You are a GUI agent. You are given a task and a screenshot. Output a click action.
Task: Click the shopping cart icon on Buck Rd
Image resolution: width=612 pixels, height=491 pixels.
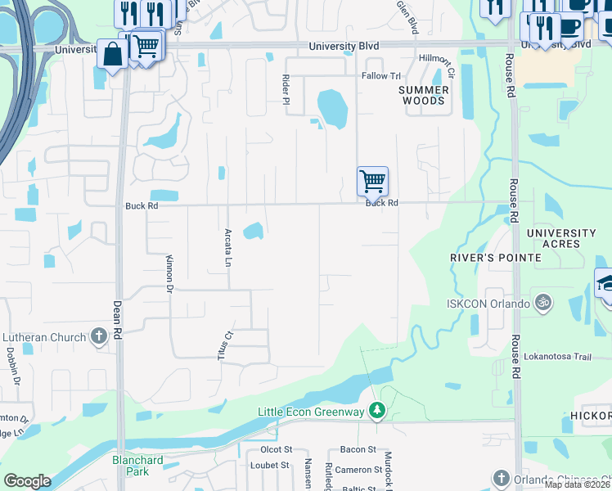(372, 181)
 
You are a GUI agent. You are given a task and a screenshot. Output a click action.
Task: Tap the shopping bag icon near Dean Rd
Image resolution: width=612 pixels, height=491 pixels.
(111, 55)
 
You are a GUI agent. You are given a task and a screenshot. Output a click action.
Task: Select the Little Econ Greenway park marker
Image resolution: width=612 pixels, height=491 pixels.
(376, 409)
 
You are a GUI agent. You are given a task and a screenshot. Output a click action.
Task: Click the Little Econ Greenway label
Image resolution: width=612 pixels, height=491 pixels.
(311, 412)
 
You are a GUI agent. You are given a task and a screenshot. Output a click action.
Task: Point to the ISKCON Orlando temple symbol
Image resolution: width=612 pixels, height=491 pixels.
(540, 303)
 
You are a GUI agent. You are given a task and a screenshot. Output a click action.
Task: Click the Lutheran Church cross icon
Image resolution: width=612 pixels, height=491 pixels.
(98, 336)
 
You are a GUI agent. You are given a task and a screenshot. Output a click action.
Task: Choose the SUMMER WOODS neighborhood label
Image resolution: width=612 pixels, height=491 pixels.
(424, 95)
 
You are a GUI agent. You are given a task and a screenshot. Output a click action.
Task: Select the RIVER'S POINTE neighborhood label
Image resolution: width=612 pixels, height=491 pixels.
(496, 257)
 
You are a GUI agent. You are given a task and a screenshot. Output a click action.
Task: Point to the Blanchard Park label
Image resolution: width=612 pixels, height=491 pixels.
(137, 466)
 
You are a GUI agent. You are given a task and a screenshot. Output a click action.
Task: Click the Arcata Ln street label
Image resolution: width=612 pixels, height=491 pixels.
(228, 247)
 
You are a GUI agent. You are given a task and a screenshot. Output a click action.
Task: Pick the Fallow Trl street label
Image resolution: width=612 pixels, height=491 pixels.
(380, 75)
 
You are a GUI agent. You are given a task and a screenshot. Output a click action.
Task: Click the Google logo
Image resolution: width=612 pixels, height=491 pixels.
(27, 481)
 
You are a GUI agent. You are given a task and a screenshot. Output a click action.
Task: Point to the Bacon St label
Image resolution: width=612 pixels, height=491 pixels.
(358, 449)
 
